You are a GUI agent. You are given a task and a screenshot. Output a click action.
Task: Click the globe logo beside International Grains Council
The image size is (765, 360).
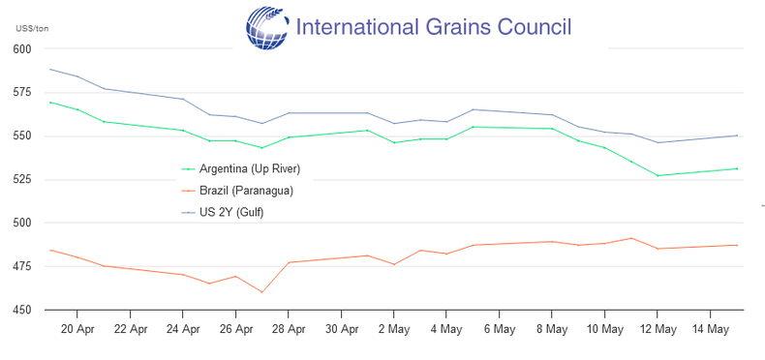(x=267, y=28)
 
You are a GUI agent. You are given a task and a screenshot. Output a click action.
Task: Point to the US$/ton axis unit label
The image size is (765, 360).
(x=32, y=29)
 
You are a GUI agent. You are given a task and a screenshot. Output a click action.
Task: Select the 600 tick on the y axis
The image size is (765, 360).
(x=23, y=49)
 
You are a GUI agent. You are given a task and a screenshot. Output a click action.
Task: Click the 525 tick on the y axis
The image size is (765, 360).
(x=23, y=179)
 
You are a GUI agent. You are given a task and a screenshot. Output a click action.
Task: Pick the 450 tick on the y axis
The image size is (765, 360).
(x=23, y=310)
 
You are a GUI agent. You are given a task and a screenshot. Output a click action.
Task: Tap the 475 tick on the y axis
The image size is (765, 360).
(x=23, y=266)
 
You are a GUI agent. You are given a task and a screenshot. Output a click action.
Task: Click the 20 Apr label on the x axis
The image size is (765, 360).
(x=77, y=330)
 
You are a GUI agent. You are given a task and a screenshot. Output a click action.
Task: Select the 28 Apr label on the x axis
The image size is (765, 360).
(x=289, y=330)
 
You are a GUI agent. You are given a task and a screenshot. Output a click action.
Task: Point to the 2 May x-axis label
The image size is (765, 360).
(x=394, y=330)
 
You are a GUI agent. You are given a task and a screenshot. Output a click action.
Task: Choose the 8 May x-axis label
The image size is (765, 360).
(x=552, y=330)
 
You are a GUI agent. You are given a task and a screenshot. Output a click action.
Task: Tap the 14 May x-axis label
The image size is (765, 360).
(x=710, y=330)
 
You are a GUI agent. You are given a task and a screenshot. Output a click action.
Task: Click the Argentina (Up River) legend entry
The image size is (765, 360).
(x=240, y=168)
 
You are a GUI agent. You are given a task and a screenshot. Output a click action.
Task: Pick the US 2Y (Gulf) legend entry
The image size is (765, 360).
(x=223, y=213)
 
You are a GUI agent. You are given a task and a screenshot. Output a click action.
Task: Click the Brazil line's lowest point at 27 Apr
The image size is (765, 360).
(x=262, y=292)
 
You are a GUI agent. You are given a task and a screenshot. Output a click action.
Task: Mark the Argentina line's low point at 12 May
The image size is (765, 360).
(x=658, y=175)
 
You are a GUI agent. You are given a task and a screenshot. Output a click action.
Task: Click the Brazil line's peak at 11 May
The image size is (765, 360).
(x=631, y=238)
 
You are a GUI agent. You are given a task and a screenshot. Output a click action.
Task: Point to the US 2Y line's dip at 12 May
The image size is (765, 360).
(x=658, y=142)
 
